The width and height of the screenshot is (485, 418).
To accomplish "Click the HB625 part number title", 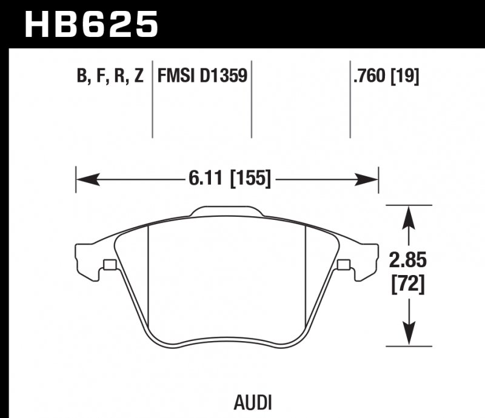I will pos(90,24).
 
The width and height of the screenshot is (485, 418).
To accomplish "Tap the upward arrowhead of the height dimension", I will pos(410,215).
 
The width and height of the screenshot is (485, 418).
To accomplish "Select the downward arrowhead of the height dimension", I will pos(410,336).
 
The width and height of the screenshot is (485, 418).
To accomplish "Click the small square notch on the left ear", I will pos(110,265).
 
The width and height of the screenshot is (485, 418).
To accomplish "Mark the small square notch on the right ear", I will pos(343,265).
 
